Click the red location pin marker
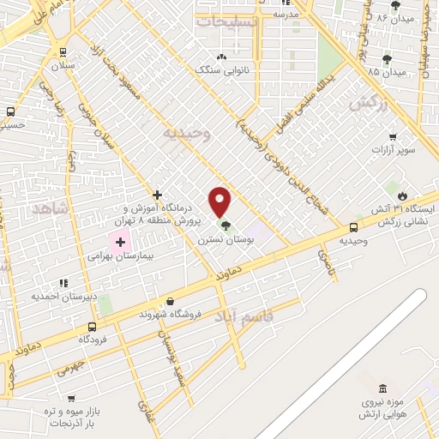tap(220, 201)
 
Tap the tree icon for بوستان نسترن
tap(226, 226)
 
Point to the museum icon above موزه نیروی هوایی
tap(382, 389)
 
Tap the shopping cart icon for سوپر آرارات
tap(393, 137)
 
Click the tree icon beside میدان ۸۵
tap(386, 59)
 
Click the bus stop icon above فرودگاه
tap(92, 326)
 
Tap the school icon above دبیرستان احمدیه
tap(63, 283)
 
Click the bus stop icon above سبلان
tap(63, 51)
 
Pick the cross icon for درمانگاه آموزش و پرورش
tap(157, 195)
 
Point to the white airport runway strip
tap(343, 360)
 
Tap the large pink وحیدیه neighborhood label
tap(189, 133)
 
